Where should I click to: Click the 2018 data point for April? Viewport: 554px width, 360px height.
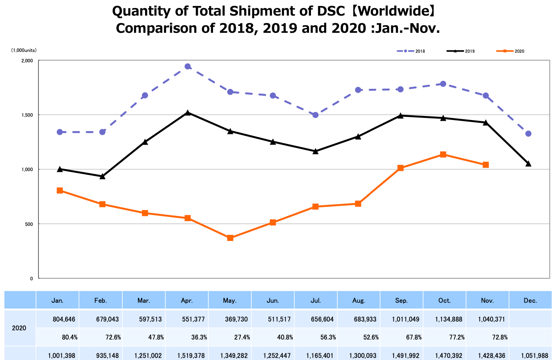pyautogui.click(x=187, y=66)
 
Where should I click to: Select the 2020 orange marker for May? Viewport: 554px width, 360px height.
pyautogui.click(x=230, y=238)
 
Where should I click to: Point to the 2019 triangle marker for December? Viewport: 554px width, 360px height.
pyautogui.click(x=528, y=164)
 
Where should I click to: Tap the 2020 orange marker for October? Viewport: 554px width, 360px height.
pyautogui.click(x=443, y=154)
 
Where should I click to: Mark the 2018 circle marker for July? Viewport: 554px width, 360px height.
pyautogui.click(x=315, y=115)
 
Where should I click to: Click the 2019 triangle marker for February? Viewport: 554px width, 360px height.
pyautogui.click(x=102, y=176)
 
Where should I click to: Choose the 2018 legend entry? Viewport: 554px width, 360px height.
pyautogui.click(x=411, y=51)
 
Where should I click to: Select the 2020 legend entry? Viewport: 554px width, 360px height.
pyautogui.click(x=510, y=51)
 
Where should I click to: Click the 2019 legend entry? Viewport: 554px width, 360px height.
pyautogui.click(x=460, y=51)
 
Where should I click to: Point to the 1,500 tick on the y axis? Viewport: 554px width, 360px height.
pyautogui.click(x=27, y=115)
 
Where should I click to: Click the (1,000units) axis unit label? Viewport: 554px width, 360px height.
pyautogui.click(x=24, y=50)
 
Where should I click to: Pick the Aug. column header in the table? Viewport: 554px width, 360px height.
pyautogui.click(x=359, y=300)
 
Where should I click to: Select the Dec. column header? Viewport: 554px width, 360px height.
pyautogui.click(x=530, y=300)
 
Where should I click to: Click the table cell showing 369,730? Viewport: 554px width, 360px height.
pyautogui.click(x=238, y=319)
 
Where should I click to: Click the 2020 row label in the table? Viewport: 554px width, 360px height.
pyautogui.click(x=19, y=328)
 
